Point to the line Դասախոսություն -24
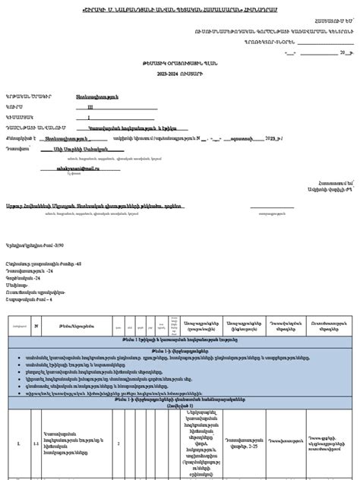point(30,270)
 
